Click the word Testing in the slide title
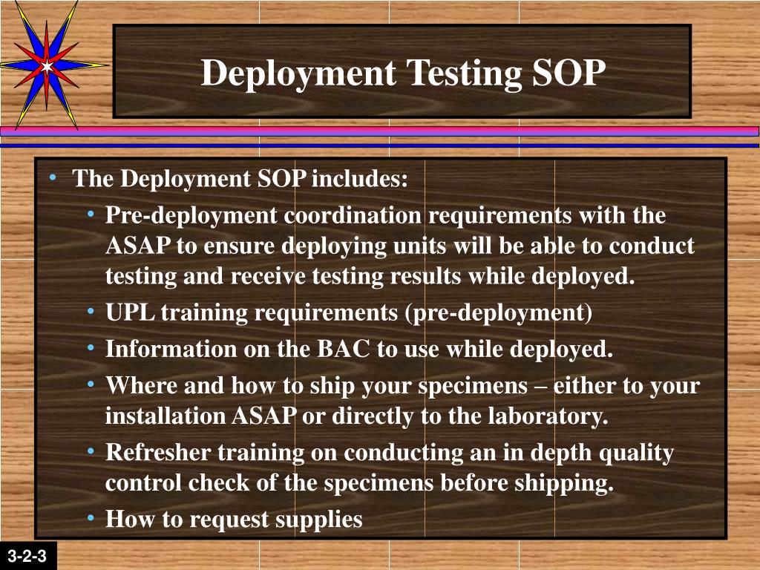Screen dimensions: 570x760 pos(452,73)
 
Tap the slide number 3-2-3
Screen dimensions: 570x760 pos(27,555)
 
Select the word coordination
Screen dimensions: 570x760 pos(353,216)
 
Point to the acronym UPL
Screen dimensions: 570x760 pos(130,313)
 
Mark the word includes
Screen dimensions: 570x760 pos(361,179)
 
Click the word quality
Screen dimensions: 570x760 pos(636,452)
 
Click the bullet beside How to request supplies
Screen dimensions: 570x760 pos(91,517)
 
